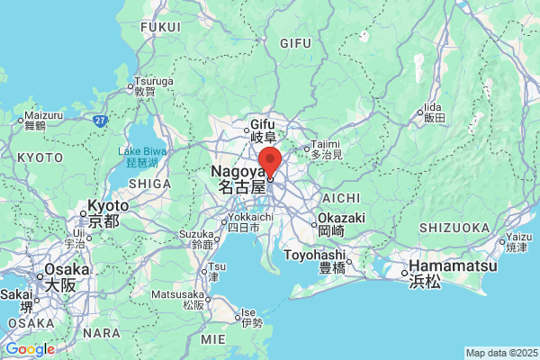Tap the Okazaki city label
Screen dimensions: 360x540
(x=341, y=224)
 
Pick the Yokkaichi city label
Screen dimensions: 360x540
(x=245, y=222)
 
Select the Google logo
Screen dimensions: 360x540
(x=29, y=349)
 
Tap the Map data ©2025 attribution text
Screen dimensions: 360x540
(x=500, y=353)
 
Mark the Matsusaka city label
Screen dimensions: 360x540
(x=178, y=300)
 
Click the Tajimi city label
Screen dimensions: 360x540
(x=327, y=149)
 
